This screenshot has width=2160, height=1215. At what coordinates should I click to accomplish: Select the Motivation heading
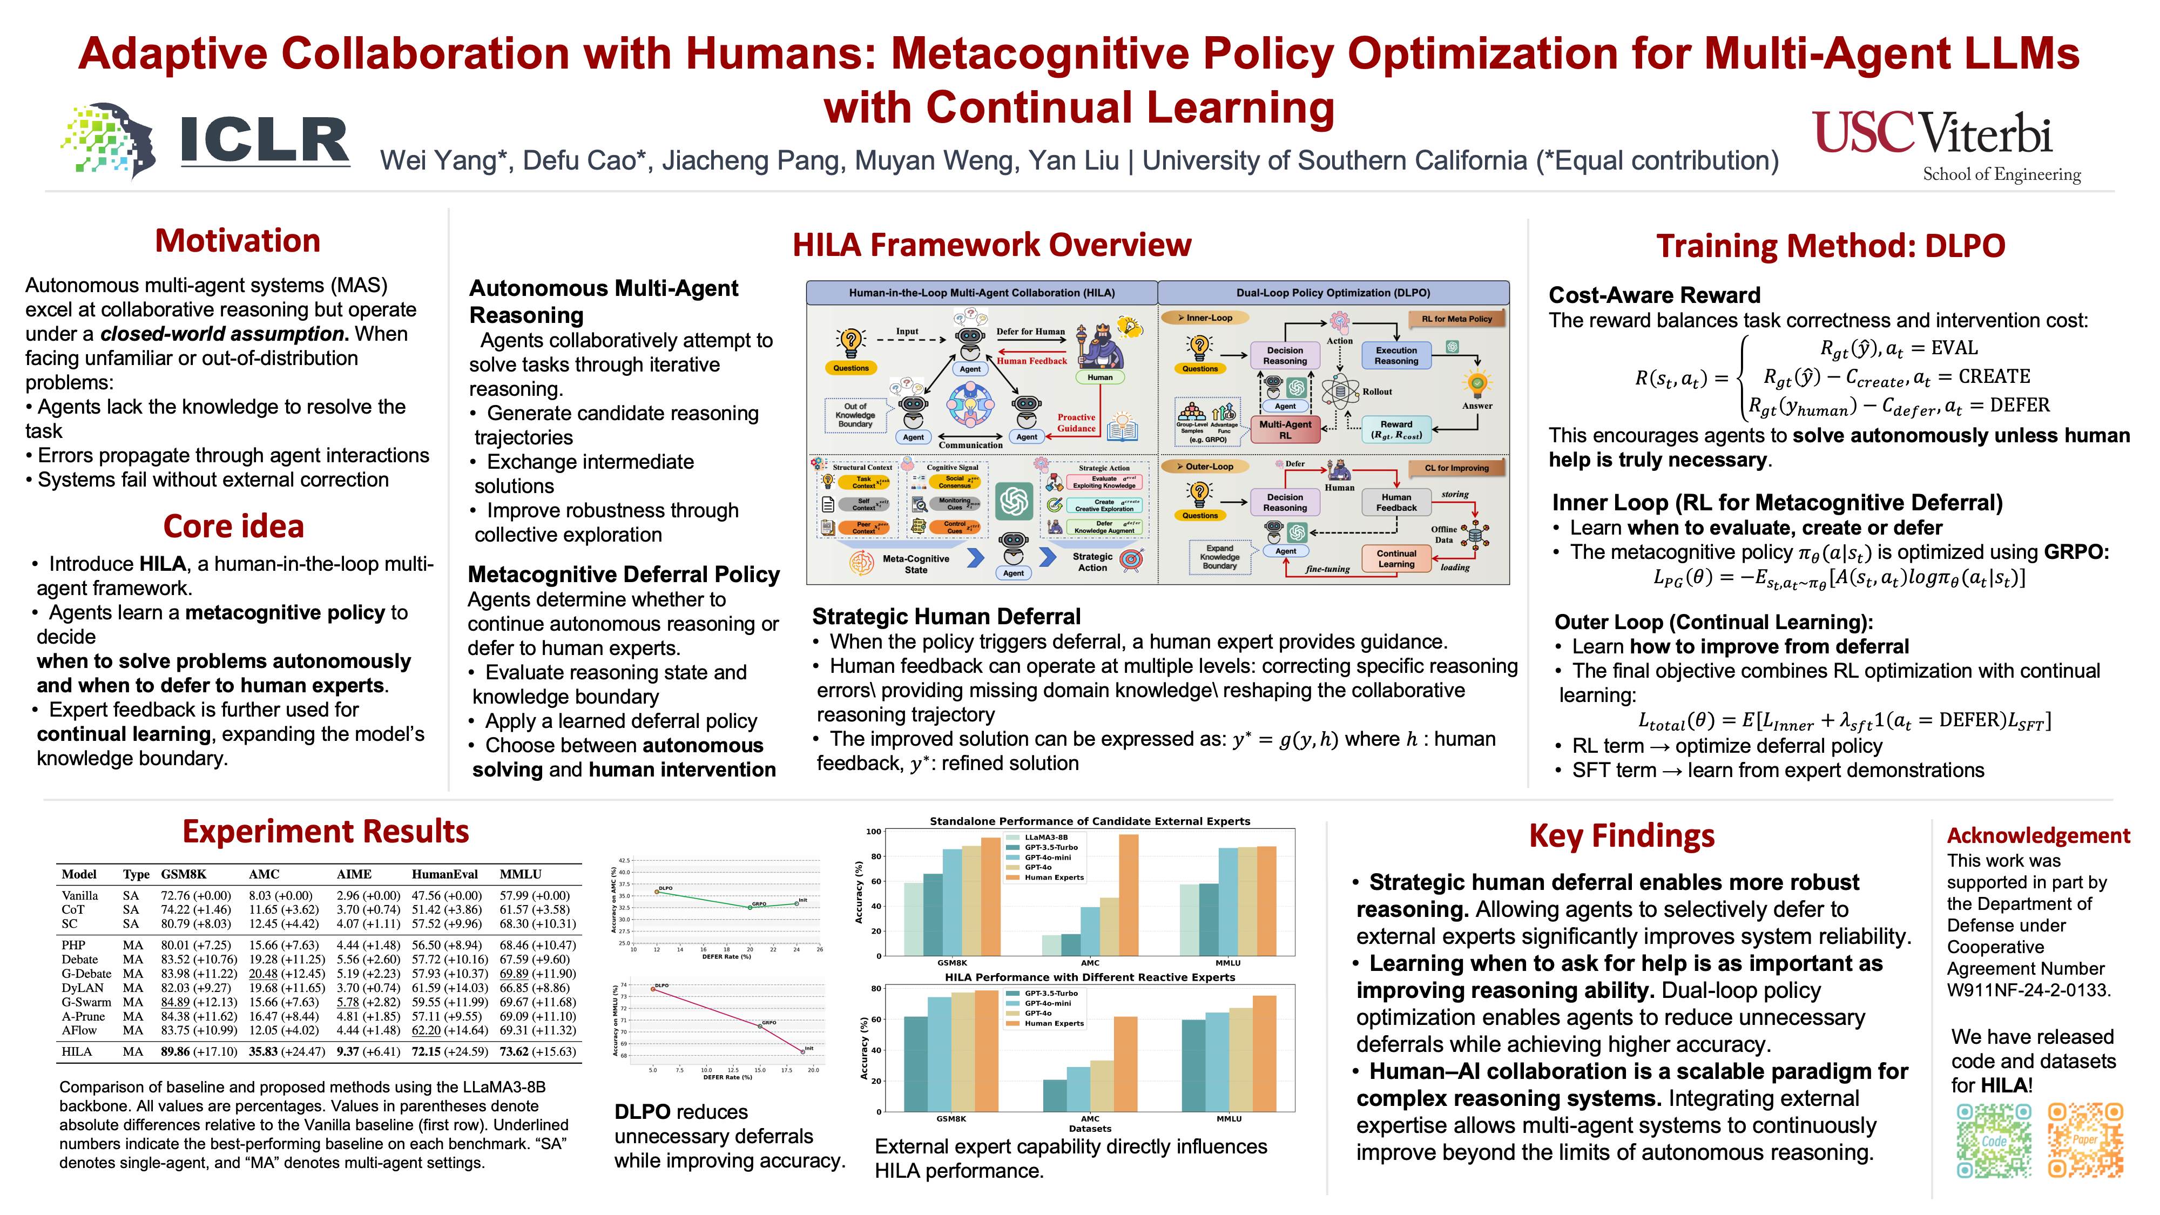[x=237, y=241]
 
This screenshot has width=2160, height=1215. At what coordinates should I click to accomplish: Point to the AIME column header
[x=354, y=874]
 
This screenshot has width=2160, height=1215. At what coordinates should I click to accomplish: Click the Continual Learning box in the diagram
[x=1396, y=558]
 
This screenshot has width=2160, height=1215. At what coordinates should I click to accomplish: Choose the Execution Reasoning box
[x=1396, y=355]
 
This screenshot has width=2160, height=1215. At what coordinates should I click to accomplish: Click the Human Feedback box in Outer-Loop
[x=1396, y=502]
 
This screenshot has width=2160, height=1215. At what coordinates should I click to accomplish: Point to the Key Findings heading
[x=1621, y=836]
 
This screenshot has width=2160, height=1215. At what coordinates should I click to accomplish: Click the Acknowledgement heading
[x=2037, y=835]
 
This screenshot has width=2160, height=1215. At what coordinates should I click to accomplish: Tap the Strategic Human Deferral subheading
[x=946, y=616]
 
